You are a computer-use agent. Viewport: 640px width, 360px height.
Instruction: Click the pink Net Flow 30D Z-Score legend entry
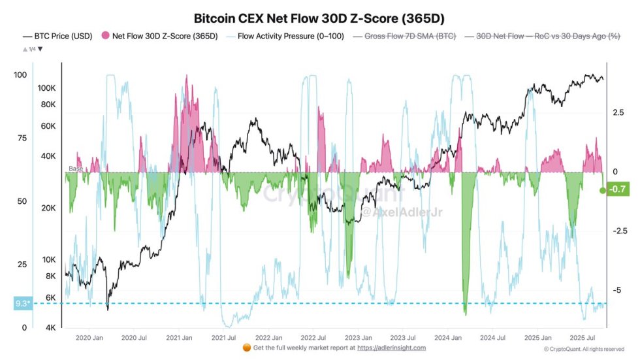[x=163, y=37]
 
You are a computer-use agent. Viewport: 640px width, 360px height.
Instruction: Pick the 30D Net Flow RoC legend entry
[x=543, y=37]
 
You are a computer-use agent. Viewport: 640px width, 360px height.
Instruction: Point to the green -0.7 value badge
[x=617, y=190]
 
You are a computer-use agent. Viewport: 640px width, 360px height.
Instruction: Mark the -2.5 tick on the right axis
[x=620, y=231]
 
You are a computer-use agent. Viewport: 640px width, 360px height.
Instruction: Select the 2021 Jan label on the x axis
[x=178, y=338]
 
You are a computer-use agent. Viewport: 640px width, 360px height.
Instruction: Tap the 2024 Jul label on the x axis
[x=492, y=338]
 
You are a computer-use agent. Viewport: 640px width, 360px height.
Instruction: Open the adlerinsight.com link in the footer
[x=391, y=348]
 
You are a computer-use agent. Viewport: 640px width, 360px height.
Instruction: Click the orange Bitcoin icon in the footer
[x=247, y=348]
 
